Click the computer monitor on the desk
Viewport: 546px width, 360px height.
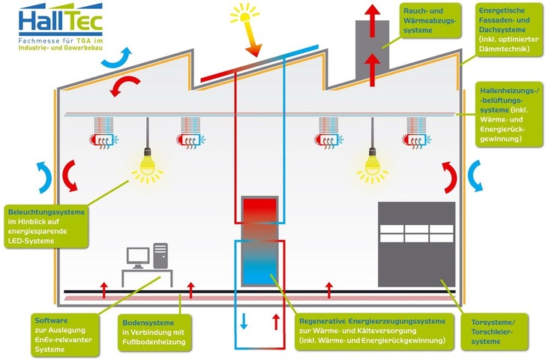(x=137, y=257)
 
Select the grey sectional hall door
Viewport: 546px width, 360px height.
(x=416, y=244)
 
